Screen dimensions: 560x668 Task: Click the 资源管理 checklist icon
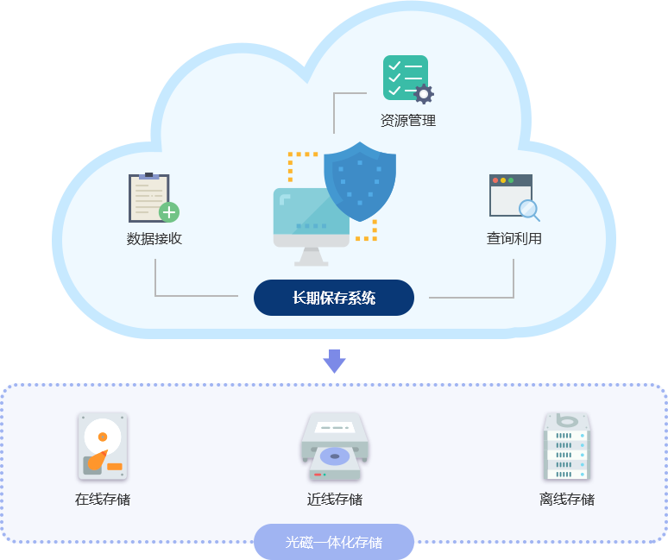[405, 78]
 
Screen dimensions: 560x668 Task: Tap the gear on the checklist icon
[423, 94]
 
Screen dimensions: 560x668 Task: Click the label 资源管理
[408, 121]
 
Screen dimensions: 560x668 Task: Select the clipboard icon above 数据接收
[149, 198]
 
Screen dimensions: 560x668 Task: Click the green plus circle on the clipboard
[169, 212]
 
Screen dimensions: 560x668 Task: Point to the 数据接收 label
[154, 238]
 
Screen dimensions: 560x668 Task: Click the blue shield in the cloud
[360, 181]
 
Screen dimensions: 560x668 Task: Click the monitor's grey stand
[311, 257]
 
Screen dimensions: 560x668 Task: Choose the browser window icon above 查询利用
[511, 196]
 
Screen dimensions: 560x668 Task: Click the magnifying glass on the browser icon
[528, 209]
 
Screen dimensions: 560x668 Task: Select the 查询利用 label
[514, 238]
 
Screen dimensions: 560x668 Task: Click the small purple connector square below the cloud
[334, 362]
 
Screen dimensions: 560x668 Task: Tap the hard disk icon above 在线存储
[103, 446]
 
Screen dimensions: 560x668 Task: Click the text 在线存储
[103, 499]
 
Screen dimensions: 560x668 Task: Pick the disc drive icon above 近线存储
[335, 446]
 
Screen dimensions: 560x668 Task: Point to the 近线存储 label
[335, 499]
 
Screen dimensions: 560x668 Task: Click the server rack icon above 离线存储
[567, 445]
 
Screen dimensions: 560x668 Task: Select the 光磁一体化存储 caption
[334, 543]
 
